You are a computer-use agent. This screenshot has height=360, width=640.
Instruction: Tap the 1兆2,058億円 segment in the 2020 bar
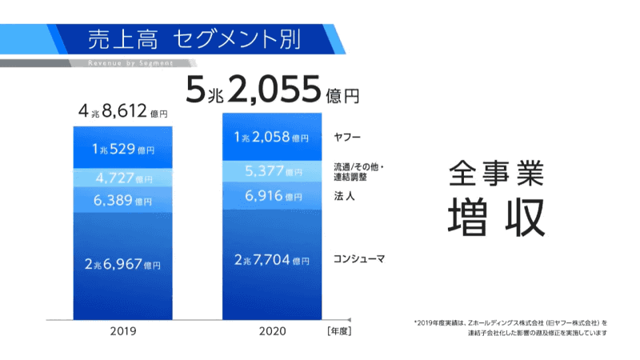point(272,138)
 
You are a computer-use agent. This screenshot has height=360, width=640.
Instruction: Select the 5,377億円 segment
point(272,171)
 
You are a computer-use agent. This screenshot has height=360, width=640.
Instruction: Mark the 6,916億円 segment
point(272,196)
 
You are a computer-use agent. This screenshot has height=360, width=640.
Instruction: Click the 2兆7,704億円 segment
point(272,260)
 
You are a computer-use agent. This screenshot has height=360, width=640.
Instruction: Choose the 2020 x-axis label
point(271,330)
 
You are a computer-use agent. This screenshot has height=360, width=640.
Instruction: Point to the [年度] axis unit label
point(338,330)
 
